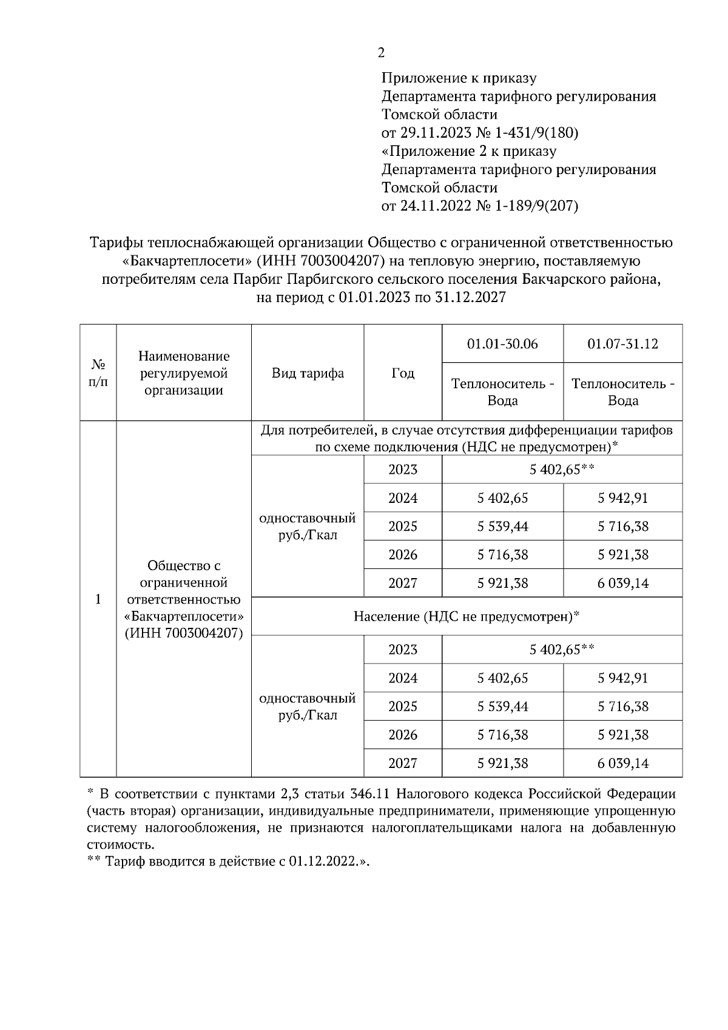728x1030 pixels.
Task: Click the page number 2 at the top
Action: point(381,53)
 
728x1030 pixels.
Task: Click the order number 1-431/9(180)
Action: point(536,133)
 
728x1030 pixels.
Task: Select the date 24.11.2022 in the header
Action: point(435,206)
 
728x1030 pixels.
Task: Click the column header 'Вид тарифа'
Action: point(308,373)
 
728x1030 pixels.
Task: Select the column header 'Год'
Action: point(403,373)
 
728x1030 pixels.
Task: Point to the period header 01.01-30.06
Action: point(502,344)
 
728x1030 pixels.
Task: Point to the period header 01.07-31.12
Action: point(622,344)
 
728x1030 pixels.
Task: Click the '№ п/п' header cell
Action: point(98,373)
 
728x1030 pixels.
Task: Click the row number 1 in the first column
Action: point(98,599)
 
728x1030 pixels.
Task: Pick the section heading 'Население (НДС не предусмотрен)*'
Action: point(467,617)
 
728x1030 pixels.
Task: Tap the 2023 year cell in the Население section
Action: point(403,650)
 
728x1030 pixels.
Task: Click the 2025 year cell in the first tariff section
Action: point(403,527)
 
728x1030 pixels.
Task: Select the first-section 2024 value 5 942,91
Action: point(622,498)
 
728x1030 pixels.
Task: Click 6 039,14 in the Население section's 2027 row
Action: point(622,763)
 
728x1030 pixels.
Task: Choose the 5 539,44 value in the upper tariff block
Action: point(502,527)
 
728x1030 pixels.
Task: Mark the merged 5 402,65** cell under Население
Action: point(561,650)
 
